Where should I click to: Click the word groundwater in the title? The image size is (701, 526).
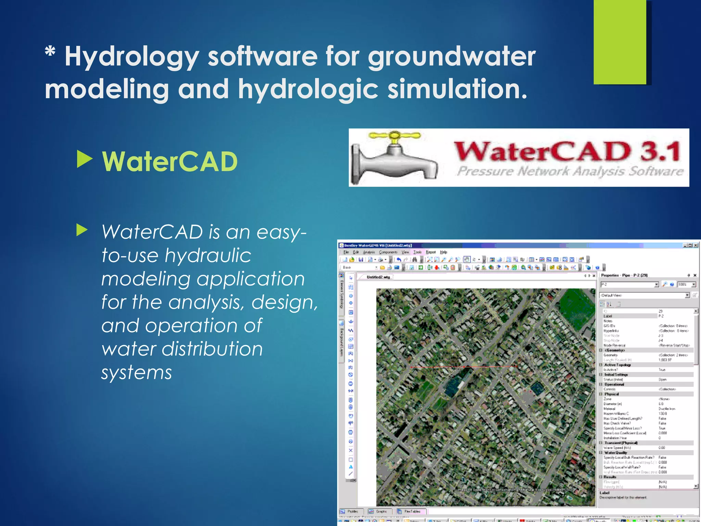pos(451,57)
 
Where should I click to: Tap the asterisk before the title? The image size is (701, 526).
pos(50,52)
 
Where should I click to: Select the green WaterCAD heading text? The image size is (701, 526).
pos(170,162)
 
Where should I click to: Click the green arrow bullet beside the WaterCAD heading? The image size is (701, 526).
pos(84,159)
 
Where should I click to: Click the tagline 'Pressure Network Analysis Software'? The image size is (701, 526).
pos(570,171)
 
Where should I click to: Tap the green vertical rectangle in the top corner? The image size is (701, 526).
pos(620,41)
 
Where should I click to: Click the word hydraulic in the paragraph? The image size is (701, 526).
pos(208,255)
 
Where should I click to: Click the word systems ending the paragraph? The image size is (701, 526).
pos(137,372)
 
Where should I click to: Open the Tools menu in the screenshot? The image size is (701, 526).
pos(417,252)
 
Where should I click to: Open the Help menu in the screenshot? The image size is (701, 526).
pos(444,252)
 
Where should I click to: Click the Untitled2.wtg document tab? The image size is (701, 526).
pos(378,277)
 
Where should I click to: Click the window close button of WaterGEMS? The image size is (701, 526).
pos(696,245)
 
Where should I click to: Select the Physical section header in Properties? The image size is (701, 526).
pos(612,394)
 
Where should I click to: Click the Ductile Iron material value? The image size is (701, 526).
pos(667,409)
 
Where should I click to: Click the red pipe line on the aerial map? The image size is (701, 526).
pos(464,367)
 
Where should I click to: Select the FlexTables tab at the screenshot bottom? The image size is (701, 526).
pos(412,511)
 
